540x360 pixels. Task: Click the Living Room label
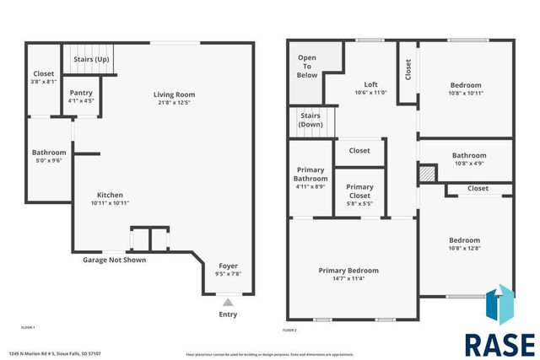pos(174,94)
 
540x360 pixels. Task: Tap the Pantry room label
pos(81,93)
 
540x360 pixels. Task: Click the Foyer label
pos(228,266)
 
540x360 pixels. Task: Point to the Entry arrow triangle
pos(228,302)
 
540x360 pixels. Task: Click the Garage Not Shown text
pos(114,260)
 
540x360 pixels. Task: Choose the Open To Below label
pos(307,67)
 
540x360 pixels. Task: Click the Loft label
pos(370,84)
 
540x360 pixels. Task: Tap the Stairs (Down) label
pos(310,120)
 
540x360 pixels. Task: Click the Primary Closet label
pos(359,191)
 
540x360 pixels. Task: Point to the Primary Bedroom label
pos(348,271)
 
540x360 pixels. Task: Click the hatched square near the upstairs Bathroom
pos(429,172)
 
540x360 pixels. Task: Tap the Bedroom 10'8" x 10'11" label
pos(465,85)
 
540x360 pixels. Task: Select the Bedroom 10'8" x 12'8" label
pos(464,240)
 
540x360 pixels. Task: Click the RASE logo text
pos(499,344)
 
